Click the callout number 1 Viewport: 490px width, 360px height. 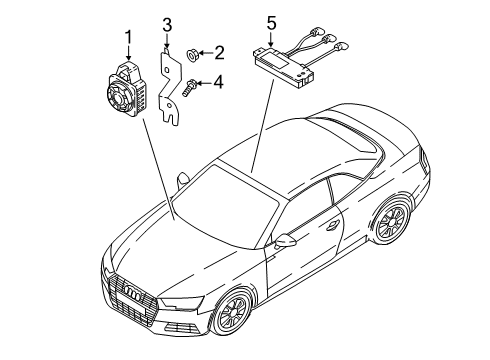point(128,37)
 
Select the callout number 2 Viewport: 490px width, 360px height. point(219,53)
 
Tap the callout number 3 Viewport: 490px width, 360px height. point(167,25)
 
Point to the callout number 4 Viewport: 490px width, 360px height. point(218,82)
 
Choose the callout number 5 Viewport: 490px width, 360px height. point(272,24)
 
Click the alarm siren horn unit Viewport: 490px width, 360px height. point(126,89)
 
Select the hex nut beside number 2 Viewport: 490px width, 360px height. point(192,54)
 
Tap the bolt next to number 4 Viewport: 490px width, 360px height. point(189,87)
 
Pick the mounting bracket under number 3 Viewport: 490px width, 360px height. point(170,87)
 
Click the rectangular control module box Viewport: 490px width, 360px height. point(284,66)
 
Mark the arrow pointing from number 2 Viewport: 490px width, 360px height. point(205,53)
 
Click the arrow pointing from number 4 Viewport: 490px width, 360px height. point(203,82)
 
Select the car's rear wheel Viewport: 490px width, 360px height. point(393,220)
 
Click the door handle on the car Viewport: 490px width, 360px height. point(332,225)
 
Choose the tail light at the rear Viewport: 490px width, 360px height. point(424,161)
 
